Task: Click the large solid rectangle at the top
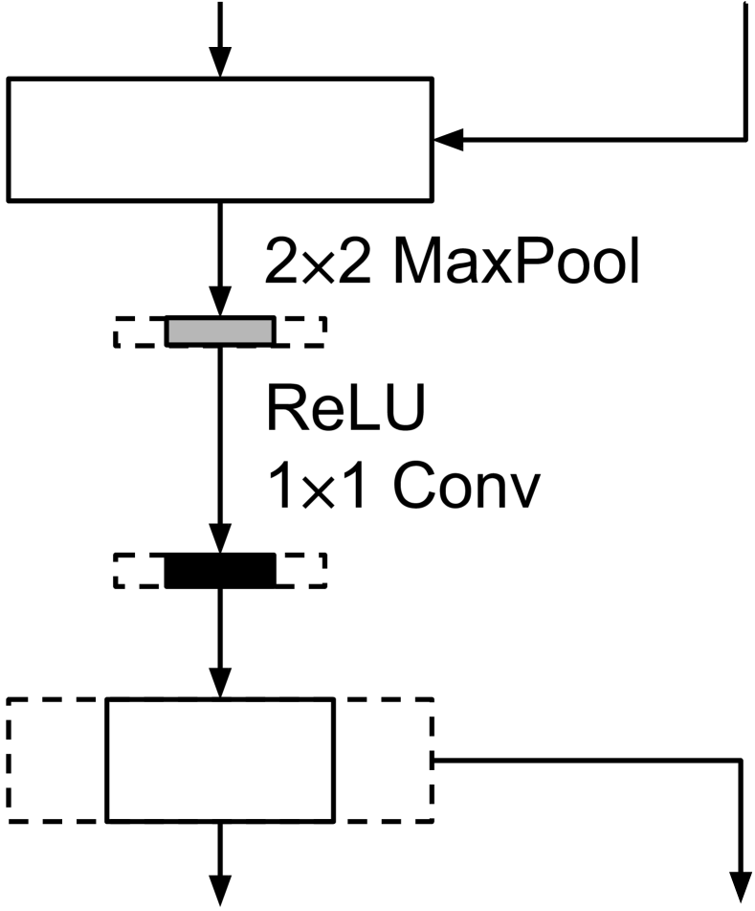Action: [220, 140]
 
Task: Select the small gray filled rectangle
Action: [220, 330]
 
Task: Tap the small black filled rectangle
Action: [220, 570]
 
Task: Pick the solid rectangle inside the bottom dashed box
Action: [220, 761]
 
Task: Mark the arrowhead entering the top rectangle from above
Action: [220, 65]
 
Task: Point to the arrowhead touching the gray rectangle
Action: [220, 304]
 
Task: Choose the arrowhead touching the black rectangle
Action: [220, 541]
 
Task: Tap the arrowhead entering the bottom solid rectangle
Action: [220, 686]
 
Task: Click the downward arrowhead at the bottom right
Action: [743, 889]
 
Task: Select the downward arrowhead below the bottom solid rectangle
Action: [220, 889]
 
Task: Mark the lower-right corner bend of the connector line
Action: [743, 761]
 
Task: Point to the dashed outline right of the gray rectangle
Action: [300, 330]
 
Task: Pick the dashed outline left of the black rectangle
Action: [139, 570]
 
